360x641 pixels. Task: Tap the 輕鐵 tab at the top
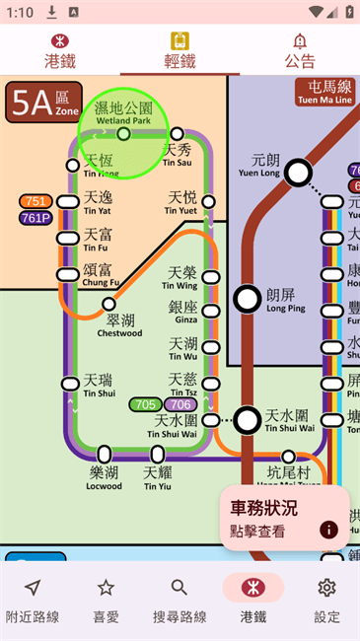pos(180,50)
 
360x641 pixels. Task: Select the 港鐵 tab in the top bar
pos(60,50)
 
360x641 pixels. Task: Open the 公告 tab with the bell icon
pos(300,50)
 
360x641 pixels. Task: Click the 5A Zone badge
pos(43,102)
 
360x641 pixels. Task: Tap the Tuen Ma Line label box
pos(324,93)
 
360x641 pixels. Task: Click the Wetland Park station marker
pos(124,133)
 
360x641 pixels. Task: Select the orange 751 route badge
pos(36,201)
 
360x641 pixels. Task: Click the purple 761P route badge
pos(36,218)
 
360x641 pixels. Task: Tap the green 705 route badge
pos(146,404)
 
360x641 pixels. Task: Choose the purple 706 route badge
pos(180,404)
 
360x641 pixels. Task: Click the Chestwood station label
pos(119,325)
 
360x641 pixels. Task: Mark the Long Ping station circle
pos(247,298)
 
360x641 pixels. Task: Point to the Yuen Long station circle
pos(299,174)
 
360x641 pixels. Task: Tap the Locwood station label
pos(105,478)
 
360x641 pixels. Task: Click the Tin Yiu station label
pos(158,478)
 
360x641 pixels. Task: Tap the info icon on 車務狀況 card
pos(328,530)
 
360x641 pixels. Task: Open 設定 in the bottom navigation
pos(326,600)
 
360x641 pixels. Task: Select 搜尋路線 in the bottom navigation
pos(180,600)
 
